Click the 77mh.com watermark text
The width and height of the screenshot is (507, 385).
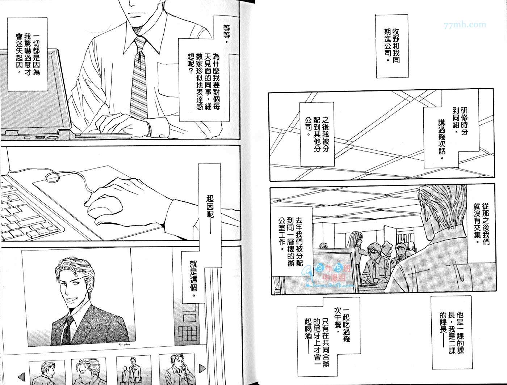pyautogui.click(x=465, y=25)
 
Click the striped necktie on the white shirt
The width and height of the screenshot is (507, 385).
pyautogui.click(x=139, y=78)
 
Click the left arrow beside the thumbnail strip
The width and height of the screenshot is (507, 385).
pyautogui.click(x=21, y=377)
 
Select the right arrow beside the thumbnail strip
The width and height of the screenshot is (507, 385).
pyautogui.click(x=202, y=368)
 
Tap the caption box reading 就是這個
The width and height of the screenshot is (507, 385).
pyautogui.click(x=193, y=277)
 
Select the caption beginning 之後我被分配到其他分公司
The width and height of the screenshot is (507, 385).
pyautogui.click(x=317, y=134)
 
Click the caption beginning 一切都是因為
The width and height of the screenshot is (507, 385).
pyautogui.click(x=28, y=55)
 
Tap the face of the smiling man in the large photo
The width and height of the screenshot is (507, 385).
pyautogui.click(x=74, y=291)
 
